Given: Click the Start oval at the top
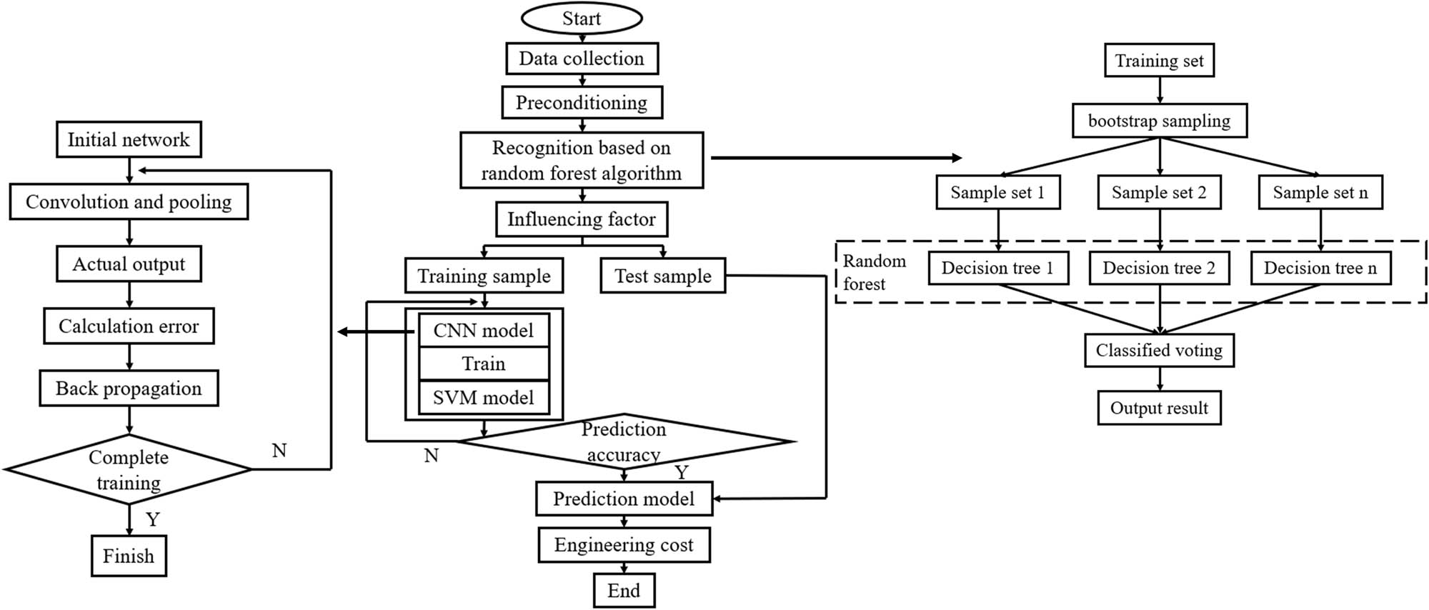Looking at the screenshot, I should pos(581,19).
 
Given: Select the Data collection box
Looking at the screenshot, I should pos(582,59).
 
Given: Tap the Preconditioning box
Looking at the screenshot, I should pos(582,103).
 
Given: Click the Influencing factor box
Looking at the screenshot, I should pos(582,219).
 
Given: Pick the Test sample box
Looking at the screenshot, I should pos(663,276).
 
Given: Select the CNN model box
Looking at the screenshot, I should pos(484,331).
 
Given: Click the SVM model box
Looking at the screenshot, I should pos(484,398).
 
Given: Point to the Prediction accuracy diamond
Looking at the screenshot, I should pos(624,441).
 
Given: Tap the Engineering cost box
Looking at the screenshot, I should pos(624,545).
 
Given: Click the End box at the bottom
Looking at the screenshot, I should pos(624,591).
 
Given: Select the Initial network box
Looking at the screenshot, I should pos(129,140).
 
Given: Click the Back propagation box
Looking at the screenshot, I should pos(129,389).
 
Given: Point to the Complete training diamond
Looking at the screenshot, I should pos(129,469).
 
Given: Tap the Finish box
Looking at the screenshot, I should pos(129,556).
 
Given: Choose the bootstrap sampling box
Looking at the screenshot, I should pos(1159,121).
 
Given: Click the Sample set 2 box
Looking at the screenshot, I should pos(1159,192).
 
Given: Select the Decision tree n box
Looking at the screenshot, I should pos(1320,268).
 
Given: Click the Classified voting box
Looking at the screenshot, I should pos(1159,350).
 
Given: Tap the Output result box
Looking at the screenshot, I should pos(1159,408).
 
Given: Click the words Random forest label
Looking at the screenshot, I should pos(873,272).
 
